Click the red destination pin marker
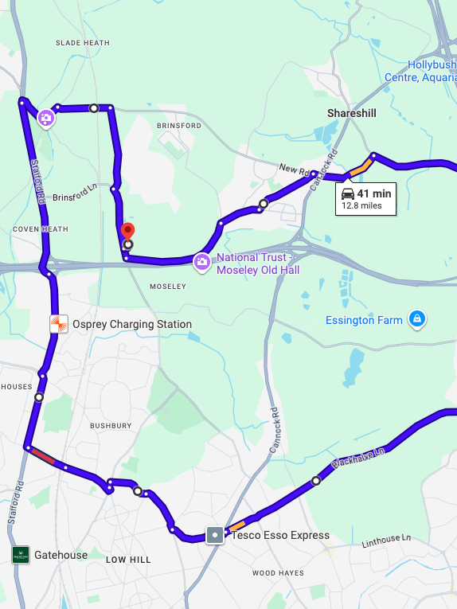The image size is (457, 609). pos(127,232)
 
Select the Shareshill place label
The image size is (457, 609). pos(351,114)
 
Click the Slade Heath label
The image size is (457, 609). pos(82,42)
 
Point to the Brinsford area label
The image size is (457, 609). pos(179,126)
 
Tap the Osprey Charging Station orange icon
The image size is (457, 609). pos(59,324)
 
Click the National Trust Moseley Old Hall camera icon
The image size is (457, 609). pos(203,261)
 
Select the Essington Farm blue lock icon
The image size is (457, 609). pos(416,320)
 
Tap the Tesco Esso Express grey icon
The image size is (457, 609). pos(215,535)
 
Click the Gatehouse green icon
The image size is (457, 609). pos(21,555)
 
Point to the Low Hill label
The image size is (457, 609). pos(128,560)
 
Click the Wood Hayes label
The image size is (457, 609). pos(278,573)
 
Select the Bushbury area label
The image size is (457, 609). pos(111,426)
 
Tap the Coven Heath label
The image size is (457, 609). pos(35,228)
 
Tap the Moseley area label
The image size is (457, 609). pos(167,286)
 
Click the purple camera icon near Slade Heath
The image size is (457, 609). pos(46,119)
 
